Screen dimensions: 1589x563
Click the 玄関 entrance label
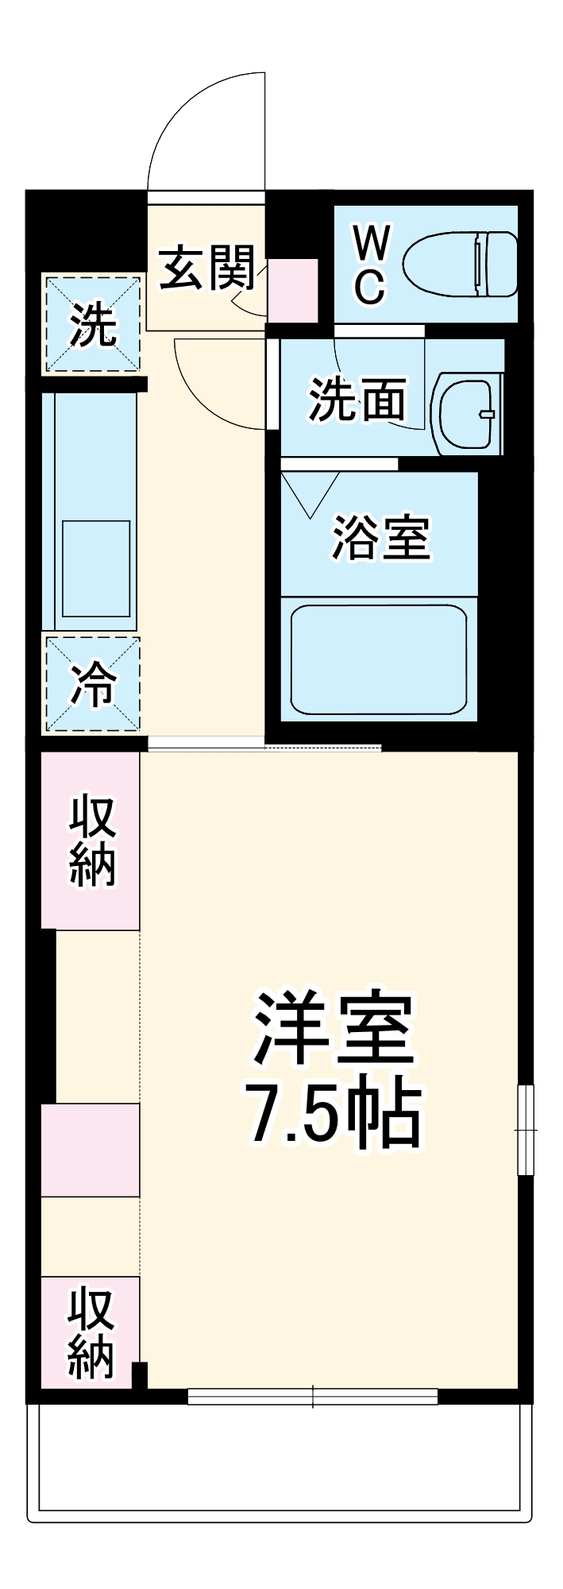coord(207,269)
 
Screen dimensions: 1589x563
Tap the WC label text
coord(370,265)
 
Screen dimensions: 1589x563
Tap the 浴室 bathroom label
coord(380,538)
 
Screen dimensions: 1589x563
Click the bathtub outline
coord(378,659)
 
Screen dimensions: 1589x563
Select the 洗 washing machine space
coord(93,324)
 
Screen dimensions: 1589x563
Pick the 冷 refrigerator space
coord(93,684)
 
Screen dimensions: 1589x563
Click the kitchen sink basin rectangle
coord(96,568)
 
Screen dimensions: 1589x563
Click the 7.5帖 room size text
coord(334,1112)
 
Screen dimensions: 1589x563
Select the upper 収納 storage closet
coord(91,841)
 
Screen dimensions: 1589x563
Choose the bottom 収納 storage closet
coord(91,1332)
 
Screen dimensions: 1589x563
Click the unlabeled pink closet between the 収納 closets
coord(91,1150)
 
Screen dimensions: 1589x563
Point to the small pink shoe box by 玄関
coord(292,290)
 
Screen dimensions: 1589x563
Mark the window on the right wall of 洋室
coord(526,1129)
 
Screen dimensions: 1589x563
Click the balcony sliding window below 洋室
coord(313,1396)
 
